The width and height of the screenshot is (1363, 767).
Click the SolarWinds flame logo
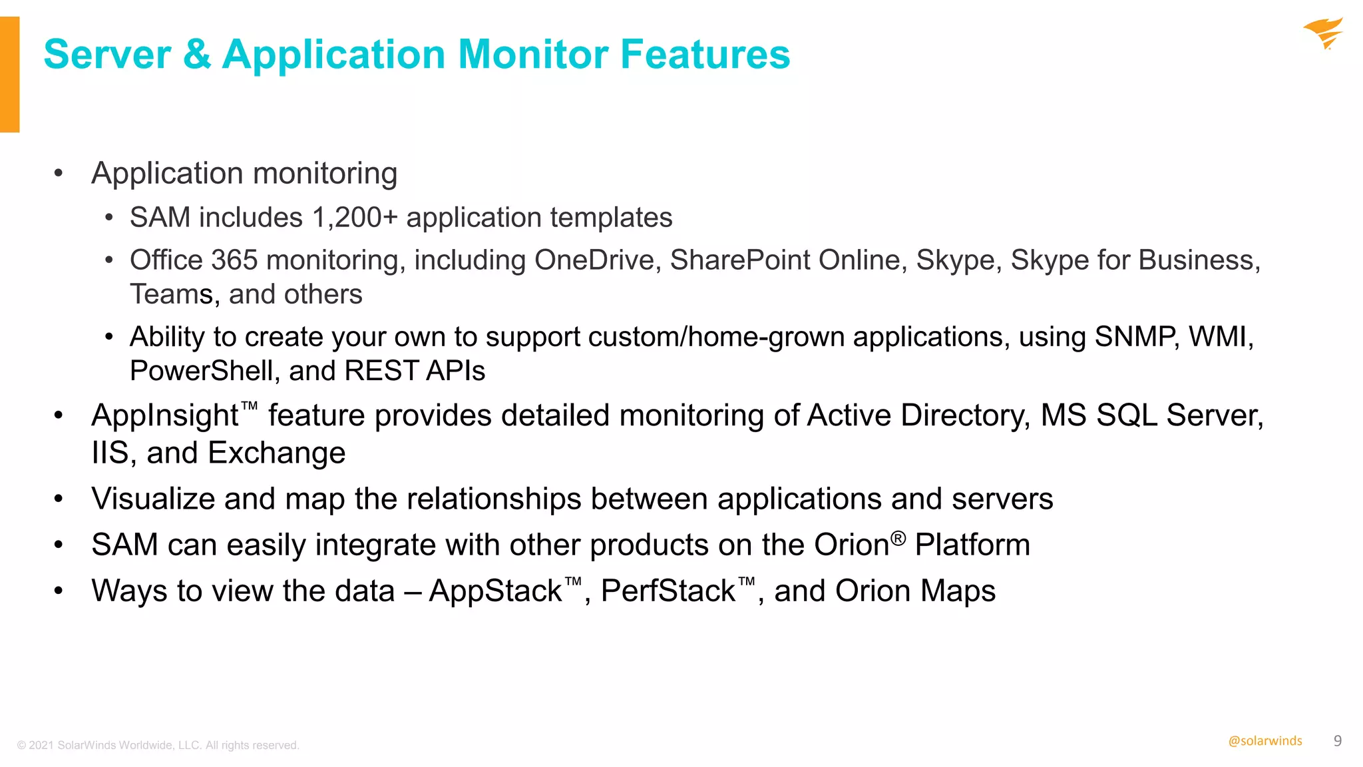1324,33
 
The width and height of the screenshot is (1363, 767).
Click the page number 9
1338,740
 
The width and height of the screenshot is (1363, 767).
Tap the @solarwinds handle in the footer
1265,741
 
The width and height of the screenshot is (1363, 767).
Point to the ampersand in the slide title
197,54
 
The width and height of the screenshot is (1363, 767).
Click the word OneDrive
597,260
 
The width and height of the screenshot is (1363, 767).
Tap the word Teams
171,294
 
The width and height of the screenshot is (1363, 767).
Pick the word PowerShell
201,371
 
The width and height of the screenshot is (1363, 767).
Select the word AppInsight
165,415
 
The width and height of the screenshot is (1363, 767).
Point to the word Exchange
277,453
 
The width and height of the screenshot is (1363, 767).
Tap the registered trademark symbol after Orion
898,537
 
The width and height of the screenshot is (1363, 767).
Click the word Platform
972,545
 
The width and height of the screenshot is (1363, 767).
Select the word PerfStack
668,591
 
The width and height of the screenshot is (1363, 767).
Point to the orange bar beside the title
9,74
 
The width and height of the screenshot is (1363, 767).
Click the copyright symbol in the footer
21,746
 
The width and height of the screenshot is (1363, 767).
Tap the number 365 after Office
234,260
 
